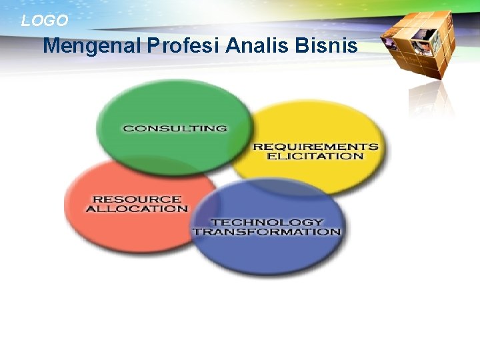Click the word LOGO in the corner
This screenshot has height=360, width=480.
click(44, 21)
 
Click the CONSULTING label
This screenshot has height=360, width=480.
click(175, 128)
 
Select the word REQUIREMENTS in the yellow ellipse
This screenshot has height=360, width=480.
click(315, 147)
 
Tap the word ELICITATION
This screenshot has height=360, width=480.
click(315, 157)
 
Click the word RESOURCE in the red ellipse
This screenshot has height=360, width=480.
click(137, 199)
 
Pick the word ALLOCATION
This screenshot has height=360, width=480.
click(137, 209)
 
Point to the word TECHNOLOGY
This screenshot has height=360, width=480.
click(267, 222)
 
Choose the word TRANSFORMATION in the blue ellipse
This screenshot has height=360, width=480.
click(267, 232)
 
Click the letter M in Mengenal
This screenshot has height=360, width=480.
click(51, 47)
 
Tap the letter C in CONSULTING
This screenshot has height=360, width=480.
click(127, 128)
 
